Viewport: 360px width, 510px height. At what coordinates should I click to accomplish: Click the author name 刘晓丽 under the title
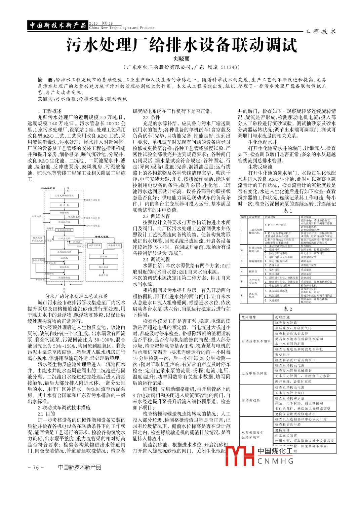tap(182, 59)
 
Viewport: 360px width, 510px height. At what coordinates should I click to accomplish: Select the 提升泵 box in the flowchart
tap(64, 205)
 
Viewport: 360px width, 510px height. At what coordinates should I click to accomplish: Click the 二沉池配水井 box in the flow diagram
tap(64, 252)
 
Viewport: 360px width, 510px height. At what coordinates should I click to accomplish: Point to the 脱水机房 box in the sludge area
tap(104, 267)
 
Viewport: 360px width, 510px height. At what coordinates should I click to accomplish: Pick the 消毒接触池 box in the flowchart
tap(64, 278)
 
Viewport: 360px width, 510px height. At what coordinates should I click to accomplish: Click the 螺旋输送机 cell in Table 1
tap(255, 261)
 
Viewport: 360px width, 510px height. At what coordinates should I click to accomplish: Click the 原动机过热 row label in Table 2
tap(250, 400)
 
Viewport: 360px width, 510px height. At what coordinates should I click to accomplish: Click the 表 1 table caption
tap(288, 211)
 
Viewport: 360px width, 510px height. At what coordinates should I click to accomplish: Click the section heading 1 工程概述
tap(50, 111)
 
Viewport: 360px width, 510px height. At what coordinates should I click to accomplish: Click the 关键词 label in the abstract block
tap(45, 99)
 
